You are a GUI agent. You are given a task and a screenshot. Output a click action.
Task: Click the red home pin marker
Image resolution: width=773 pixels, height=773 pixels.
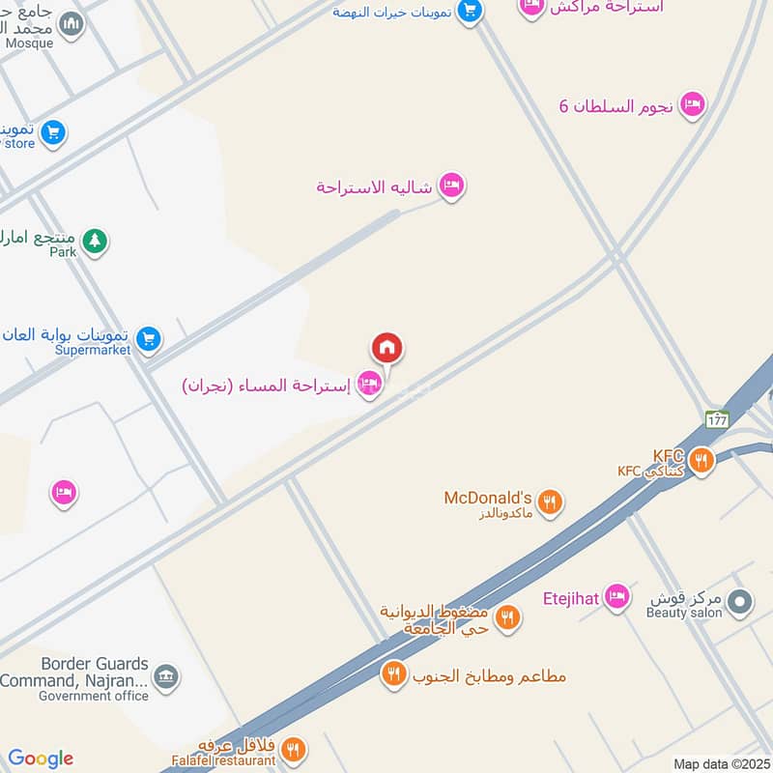coord(386,348)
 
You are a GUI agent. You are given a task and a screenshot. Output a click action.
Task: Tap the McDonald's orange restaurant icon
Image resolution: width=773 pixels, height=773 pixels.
coord(550,501)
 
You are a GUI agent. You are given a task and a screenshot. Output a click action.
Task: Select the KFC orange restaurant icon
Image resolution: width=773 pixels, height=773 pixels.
coord(701,460)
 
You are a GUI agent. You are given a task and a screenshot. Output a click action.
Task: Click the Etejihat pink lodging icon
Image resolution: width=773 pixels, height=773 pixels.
coord(616,597)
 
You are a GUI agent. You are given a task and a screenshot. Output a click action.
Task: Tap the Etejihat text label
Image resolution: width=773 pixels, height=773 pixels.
coord(571,598)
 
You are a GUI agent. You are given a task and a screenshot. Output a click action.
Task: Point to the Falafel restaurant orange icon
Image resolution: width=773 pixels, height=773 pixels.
coord(293,749)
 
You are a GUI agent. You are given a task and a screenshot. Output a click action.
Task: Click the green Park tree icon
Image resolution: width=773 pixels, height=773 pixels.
coord(94,241)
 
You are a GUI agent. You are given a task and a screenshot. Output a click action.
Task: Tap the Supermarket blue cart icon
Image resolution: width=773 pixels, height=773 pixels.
coord(148,338)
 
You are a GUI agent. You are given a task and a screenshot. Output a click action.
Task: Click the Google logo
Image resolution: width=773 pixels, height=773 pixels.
coord(41,759)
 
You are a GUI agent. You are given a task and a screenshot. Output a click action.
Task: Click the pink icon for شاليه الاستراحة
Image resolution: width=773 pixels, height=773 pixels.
coord(451,186)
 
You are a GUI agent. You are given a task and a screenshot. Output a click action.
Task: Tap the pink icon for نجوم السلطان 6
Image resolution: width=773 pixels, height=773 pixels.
coord(692,104)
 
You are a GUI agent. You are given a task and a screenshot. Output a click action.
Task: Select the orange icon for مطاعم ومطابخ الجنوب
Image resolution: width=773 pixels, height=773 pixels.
coord(393,673)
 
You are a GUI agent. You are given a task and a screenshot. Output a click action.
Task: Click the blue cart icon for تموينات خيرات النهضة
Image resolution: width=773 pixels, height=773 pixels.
coord(470,12)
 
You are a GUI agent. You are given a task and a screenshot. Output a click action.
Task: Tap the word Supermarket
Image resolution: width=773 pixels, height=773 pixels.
coord(94,350)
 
